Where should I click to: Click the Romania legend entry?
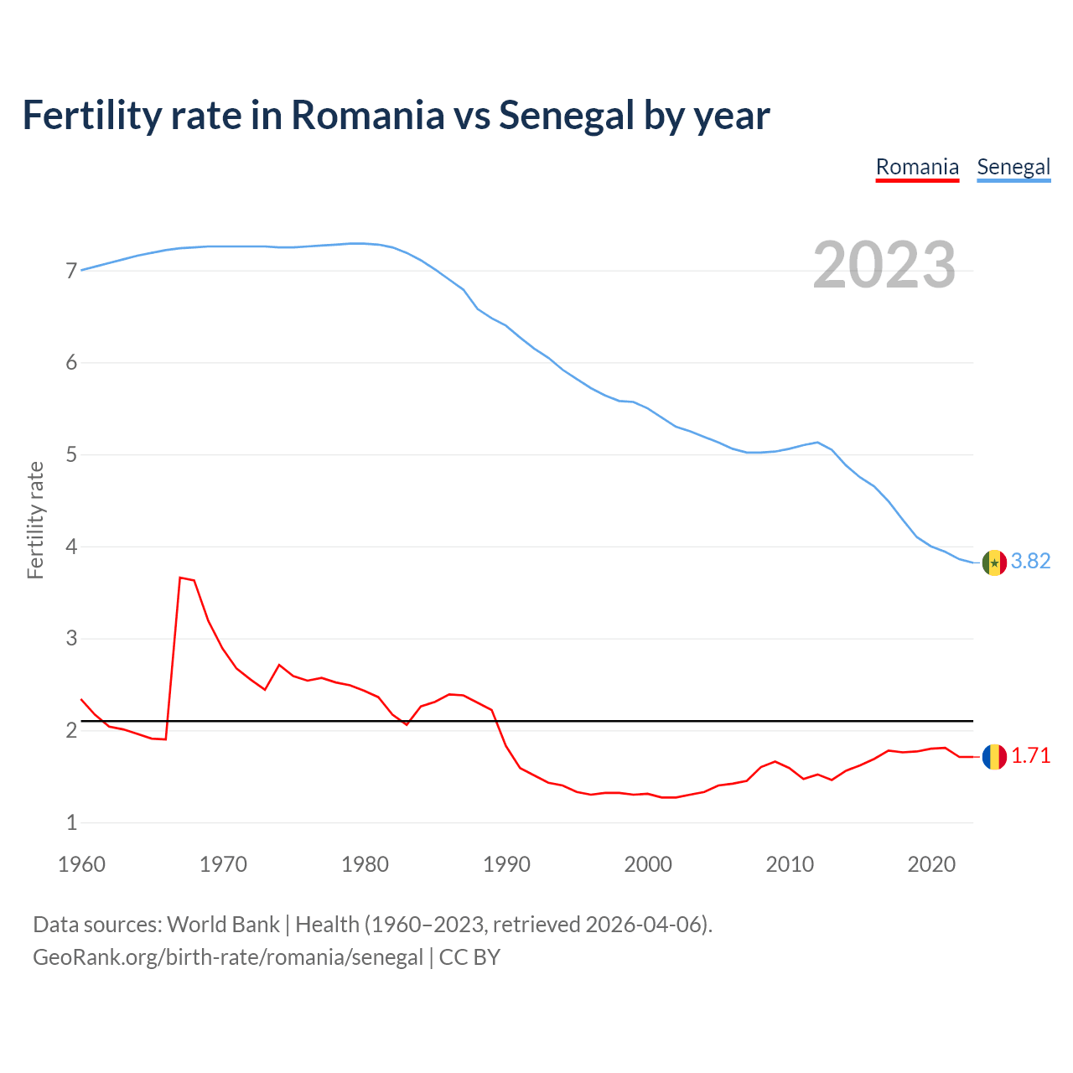tap(917, 167)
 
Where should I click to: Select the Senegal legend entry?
tap(1013, 167)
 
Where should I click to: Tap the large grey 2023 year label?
tap(884, 265)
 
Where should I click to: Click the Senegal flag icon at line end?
tap(994, 562)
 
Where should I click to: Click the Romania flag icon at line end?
tap(994, 757)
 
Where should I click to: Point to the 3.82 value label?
tap(1030, 562)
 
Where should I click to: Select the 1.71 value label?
tap(1030, 756)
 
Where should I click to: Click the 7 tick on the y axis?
tap(71, 272)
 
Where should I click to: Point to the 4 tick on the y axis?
tap(71, 547)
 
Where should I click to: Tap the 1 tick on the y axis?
tap(71, 823)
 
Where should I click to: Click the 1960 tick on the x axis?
tap(81, 864)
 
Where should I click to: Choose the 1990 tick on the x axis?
tap(506, 864)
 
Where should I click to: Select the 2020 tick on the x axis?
tap(931, 864)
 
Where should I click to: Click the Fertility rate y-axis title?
tap(35, 520)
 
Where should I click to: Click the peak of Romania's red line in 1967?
tap(180, 578)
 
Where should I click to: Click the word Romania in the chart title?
tap(367, 116)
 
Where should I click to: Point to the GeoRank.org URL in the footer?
tap(227, 957)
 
